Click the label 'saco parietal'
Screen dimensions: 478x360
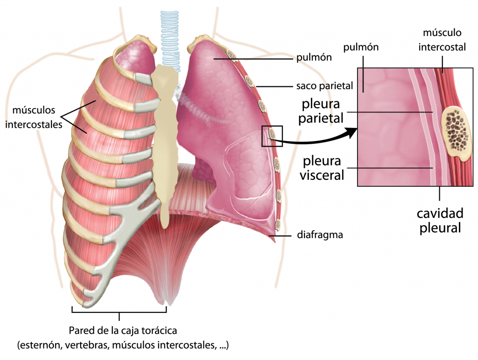click(324, 86)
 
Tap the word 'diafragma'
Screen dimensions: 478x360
click(320, 235)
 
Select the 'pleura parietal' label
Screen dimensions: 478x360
click(321, 111)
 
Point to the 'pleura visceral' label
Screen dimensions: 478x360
click(322, 168)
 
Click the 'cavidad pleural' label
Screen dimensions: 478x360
click(440, 221)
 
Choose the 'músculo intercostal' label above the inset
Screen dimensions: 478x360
click(442, 40)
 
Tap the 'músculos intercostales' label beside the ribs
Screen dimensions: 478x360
click(34, 117)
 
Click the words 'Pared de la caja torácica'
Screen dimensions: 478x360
click(123, 331)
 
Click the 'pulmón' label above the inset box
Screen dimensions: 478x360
click(361, 47)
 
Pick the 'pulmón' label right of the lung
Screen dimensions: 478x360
click(314, 57)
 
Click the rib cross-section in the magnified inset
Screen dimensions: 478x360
click(456, 134)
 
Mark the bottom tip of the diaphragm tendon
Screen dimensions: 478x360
click(167, 304)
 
